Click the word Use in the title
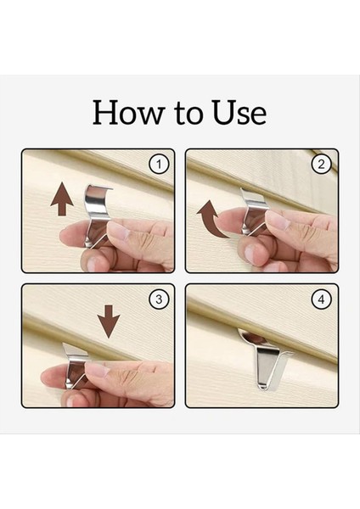239,112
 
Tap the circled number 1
159,165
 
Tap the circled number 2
321,165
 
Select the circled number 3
159,299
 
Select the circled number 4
321,299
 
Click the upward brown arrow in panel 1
62,199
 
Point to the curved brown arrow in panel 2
211,218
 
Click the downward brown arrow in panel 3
109,322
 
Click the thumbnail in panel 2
277,220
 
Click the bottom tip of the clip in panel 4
262,388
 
